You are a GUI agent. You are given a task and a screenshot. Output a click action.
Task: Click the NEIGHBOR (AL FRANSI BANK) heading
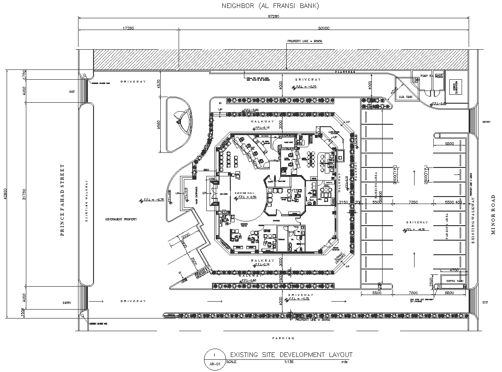click(270, 6)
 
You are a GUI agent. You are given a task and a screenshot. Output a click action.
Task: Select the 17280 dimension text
click(128, 28)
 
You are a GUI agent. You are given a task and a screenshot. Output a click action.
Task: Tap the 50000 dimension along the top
click(323, 28)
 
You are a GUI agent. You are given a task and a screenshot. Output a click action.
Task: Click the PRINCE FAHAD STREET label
click(62, 200)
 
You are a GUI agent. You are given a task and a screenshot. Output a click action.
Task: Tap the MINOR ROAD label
click(493, 214)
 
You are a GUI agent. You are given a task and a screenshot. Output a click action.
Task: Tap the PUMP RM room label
click(426, 75)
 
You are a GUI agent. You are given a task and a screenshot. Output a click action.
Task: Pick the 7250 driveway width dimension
click(414, 202)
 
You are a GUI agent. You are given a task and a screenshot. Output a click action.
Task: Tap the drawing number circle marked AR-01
click(214, 357)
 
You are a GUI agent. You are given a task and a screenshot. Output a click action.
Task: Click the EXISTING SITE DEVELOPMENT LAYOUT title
click(291, 355)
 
